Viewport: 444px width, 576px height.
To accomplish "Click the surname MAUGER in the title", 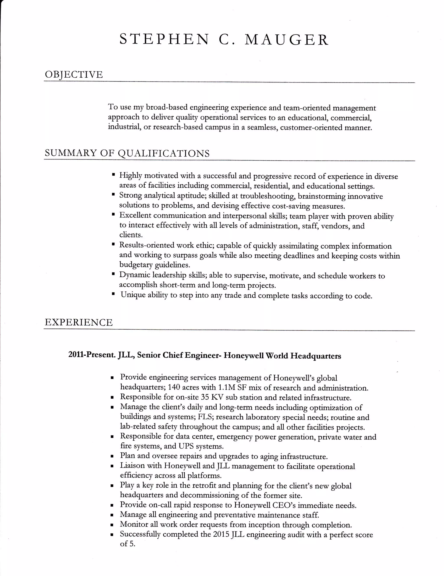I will point(287,40).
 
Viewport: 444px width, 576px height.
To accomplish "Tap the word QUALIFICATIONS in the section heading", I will point(163,153).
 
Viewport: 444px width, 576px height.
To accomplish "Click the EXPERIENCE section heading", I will point(79,322).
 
